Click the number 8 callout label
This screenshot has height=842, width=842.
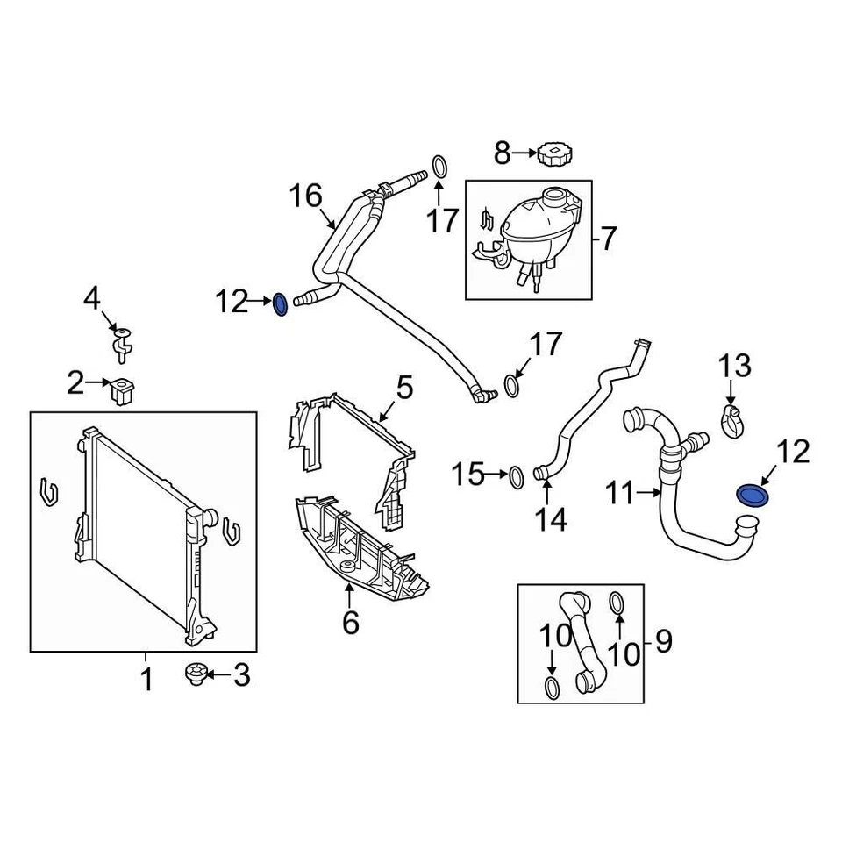click(x=502, y=153)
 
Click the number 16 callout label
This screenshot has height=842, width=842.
click(x=307, y=196)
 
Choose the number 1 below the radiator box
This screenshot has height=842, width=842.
click(x=146, y=678)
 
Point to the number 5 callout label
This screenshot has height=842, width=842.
click(x=403, y=387)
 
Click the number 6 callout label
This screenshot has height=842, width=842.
click(x=350, y=622)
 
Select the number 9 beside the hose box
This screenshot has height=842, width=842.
click(x=664, y=642)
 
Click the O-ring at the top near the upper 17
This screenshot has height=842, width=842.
click(x=440, y=167)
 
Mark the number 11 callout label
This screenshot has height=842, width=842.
click(x=623, y=495)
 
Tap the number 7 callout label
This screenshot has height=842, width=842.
click(x=609, y=237)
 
